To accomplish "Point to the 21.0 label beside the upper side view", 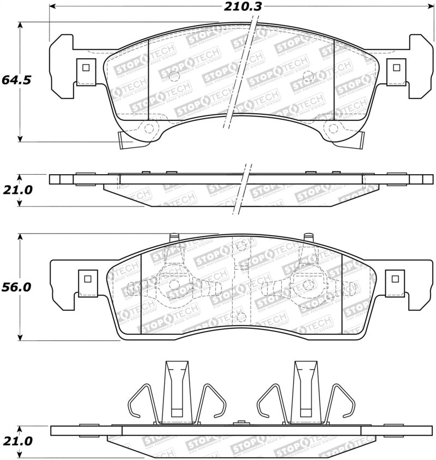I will tap(16, 189).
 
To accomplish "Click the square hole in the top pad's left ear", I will tap(84, 68).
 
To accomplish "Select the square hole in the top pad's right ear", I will tap(396, 68).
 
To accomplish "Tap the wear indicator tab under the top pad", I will tap(125, 142).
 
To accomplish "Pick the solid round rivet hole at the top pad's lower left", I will tap(148, 128).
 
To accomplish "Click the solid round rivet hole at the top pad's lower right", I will tap(332, 128).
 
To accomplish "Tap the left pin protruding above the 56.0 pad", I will tap(174, 238).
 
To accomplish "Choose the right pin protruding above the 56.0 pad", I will tap(308, 238).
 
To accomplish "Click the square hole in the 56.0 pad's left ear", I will tap(86, 278).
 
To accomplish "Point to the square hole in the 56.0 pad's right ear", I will tap(395, 278).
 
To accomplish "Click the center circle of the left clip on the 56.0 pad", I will tap(174, 284).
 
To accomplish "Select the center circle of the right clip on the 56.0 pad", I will tap(308, 284).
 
